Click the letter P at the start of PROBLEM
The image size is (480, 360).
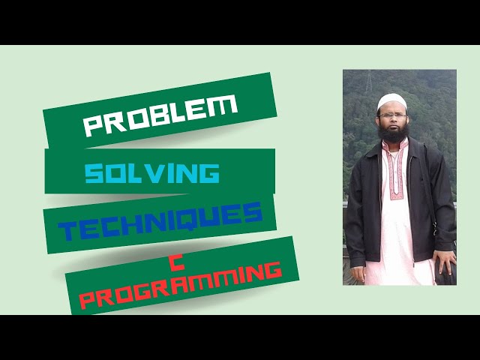click(x=91, y=127)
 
